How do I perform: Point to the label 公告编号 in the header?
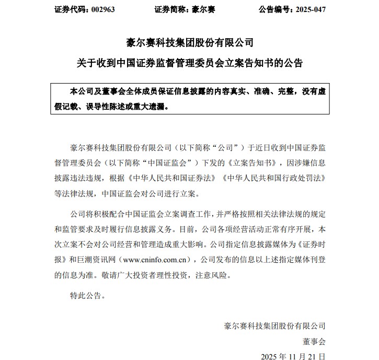pos(275,10)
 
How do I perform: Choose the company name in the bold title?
pos(190,42)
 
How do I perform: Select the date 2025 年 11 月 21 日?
pos(293,357)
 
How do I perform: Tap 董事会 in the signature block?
pos(314,342)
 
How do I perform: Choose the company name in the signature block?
pos(274,326)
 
